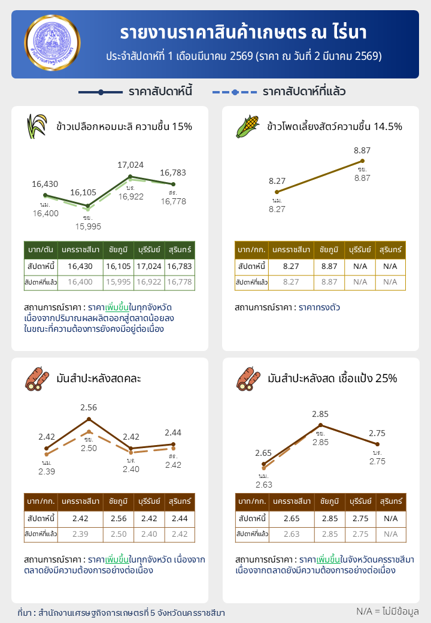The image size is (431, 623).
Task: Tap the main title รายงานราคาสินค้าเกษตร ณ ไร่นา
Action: coord(244,32)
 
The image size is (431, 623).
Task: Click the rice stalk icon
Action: coord(37,126)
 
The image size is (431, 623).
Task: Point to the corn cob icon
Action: coord(248,126)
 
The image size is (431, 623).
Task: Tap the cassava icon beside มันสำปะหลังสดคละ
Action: coord(37,379)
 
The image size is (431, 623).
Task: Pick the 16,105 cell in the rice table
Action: coord(117,266)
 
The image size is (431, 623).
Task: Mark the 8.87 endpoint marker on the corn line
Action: coord(362,161)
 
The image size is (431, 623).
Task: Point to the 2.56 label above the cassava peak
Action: coord(89,408)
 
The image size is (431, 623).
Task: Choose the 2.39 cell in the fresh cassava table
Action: coord(80,534)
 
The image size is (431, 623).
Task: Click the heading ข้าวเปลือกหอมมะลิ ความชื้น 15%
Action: coord(124,126)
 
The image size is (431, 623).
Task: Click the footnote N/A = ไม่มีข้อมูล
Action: coord(387,611)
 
